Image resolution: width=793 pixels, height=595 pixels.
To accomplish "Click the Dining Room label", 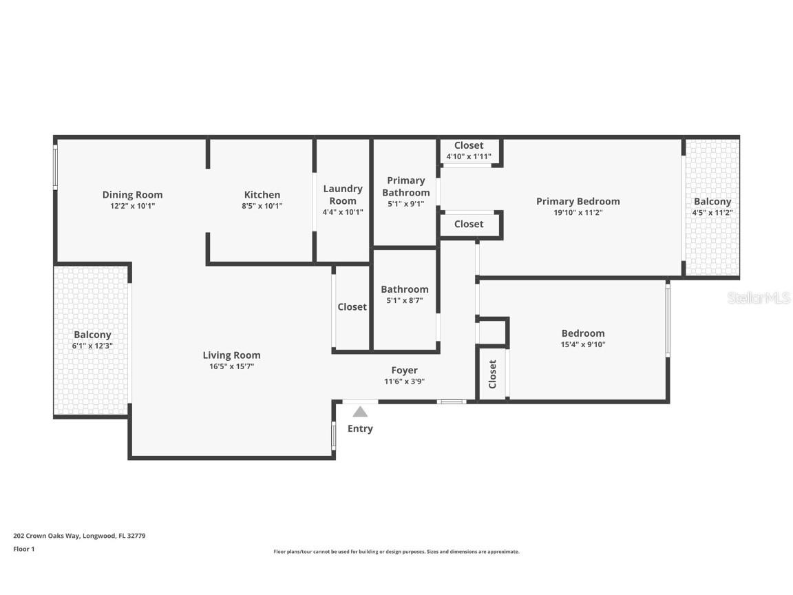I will click(x=132, y=195).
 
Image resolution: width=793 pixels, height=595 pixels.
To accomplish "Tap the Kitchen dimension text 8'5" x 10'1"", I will click(x=262, y=206).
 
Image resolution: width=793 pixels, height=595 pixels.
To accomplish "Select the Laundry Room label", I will click(x=343, y=194).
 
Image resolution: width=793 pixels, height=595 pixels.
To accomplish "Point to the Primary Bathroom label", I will click(x=405, y=187).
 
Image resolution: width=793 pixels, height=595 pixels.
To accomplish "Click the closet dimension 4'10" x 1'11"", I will click(x=469, y=156).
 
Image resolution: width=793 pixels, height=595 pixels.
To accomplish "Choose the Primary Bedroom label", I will click(x=578, y=201).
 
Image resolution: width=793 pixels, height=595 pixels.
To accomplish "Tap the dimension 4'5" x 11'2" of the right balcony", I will click(x=712, y=213).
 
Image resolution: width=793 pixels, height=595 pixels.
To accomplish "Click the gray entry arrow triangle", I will click(x=360, y=412).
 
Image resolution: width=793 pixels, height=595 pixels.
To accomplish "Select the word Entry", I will click(x=360, y=428).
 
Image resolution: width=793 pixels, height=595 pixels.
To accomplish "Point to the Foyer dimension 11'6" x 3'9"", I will click(x=404, y=382).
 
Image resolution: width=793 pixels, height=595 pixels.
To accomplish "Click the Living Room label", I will click(x=231, y=355).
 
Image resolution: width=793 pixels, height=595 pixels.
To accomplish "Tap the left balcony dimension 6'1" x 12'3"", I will click(x=92, y=346).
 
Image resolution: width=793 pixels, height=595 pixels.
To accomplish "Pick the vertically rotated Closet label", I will click(x=493, y=375).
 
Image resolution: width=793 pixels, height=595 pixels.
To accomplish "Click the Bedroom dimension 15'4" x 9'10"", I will click(x=582, y=344).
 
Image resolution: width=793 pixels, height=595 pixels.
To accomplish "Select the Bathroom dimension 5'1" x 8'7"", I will click(x=404, y=300).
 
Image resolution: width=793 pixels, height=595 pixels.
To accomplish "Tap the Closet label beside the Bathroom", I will click(x=352, y=307).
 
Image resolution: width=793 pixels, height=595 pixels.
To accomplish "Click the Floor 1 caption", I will click(x=23, y=549).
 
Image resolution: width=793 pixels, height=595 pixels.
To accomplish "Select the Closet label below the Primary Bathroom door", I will click(x=469, y=224).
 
